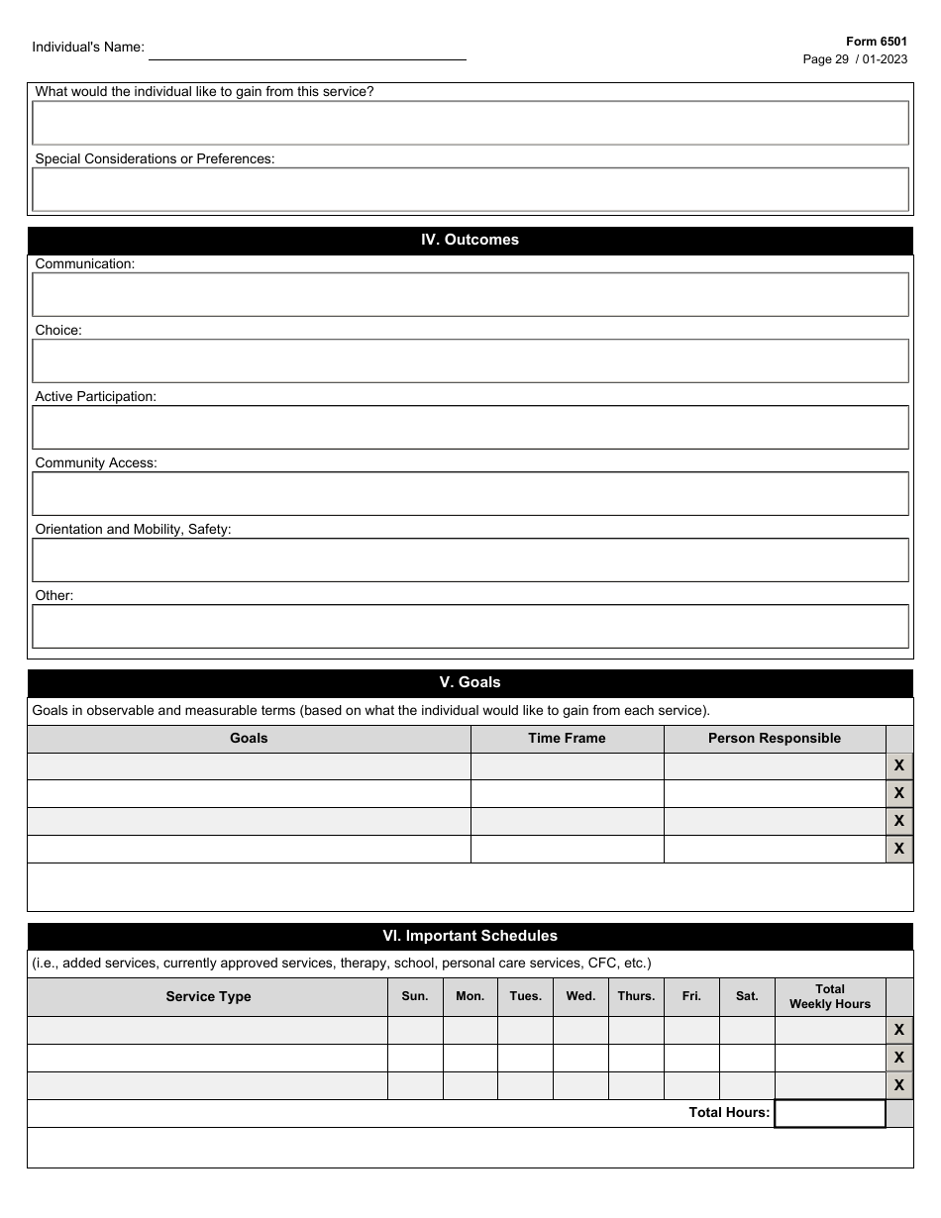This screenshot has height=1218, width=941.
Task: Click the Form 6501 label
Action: pos(876,42)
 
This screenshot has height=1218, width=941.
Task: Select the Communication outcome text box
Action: pos(470,295)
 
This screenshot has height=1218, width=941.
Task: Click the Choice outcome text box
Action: pos(470,361)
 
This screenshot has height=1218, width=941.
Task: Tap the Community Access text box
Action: pos(470,494)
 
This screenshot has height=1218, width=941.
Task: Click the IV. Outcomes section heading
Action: pos(470,241)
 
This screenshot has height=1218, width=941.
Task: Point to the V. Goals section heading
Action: pos(470,683)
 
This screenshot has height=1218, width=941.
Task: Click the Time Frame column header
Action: pos(567,739)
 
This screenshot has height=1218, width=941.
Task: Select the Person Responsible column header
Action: pos(774,739)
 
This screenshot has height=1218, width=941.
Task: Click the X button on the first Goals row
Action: pos(899,766)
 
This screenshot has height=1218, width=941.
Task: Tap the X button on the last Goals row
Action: pos(899,850)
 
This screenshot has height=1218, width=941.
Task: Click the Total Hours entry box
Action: pos(830,1114)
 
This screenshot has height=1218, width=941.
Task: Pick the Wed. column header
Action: pos(580,997)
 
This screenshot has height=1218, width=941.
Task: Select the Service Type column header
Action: pos(208,997)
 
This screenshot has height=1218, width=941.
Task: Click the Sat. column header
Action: pos(747,997)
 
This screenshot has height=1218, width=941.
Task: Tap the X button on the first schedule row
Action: pos(899,1031)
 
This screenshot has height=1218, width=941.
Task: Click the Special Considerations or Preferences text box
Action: pos(470,189)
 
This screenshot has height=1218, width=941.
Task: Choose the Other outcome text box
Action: pos(470,627)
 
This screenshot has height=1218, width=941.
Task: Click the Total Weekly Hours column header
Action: pos(830,997)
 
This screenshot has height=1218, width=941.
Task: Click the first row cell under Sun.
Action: pos(415,1031)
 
